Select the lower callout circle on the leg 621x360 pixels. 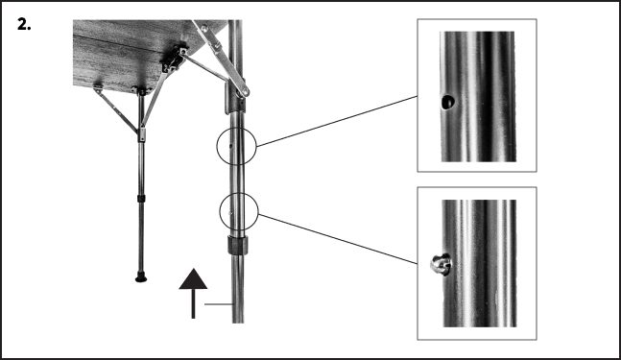pos(237,210)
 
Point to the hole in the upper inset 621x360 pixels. pos(447,101)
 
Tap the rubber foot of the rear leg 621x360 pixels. pos(142,278)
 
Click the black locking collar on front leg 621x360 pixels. pos(237,245)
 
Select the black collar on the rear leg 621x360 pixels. pos(142,199)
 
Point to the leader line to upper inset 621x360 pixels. pos(336,120)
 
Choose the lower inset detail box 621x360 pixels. pos(476,262)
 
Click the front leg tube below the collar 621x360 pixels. pos(237,298)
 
